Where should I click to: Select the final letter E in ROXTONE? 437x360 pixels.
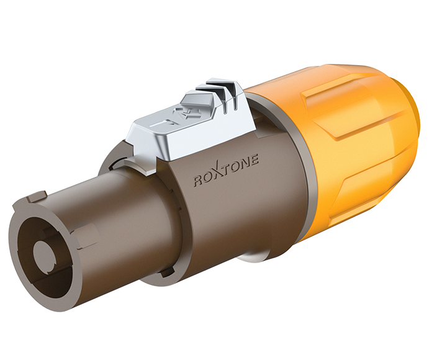point(255,163)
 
